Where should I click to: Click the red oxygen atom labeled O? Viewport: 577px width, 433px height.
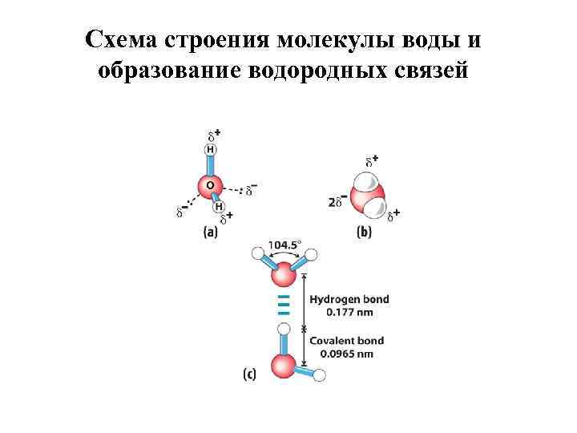(x=211, y=185)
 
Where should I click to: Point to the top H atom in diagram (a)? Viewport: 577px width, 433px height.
(x=211, y=148)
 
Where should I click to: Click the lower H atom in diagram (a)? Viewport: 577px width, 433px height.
(x=218, y=207)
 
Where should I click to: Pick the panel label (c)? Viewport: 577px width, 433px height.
(x=249, y=373)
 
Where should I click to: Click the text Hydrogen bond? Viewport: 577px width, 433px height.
(x=349, y=299)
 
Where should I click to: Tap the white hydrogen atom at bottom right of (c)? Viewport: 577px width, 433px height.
(x=320, y=374)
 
